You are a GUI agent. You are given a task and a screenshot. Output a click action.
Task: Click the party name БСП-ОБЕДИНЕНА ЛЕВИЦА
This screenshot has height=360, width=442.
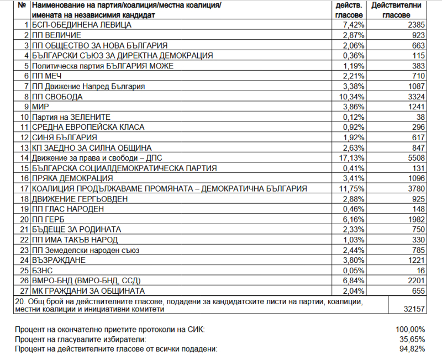81,25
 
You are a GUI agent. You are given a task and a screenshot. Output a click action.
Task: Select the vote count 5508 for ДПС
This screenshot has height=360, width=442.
412,158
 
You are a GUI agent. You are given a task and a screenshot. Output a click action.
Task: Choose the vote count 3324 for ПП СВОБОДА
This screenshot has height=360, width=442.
412,97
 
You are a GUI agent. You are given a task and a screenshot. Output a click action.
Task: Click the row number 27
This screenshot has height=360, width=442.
23,291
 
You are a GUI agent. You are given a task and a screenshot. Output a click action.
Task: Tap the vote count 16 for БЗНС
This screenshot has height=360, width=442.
417,271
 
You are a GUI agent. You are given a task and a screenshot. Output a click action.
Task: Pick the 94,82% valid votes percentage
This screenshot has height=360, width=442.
412,349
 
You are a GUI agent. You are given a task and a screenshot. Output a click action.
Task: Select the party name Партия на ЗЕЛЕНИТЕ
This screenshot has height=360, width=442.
71,117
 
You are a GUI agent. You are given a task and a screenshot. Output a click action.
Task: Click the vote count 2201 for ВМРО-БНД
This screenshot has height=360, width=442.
412,280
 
